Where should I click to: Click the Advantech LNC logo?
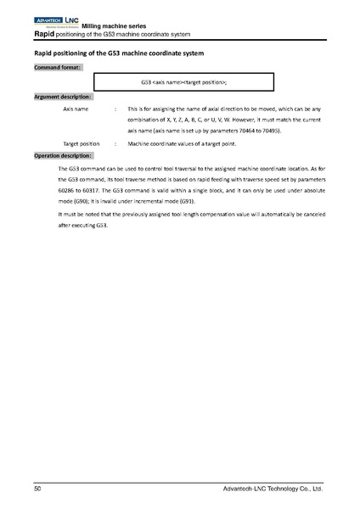click(x=56, y=20)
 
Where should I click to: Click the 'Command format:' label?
click(x=58, y=67)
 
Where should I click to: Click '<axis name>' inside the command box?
click(x=168, y=83)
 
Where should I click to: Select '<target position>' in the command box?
click(x=205, y=83)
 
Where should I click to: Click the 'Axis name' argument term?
click(x=76, y=110)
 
